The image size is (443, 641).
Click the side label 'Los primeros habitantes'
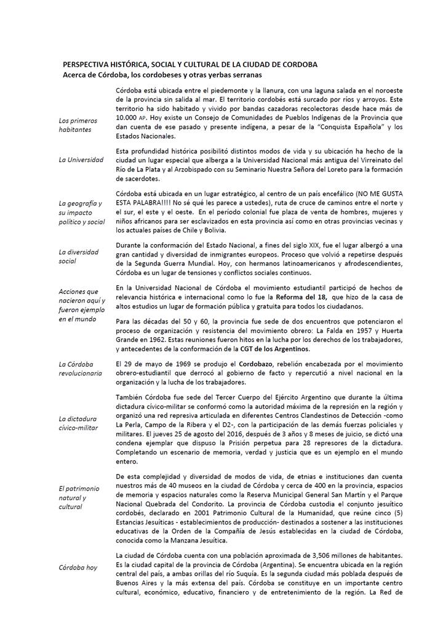[78, 125]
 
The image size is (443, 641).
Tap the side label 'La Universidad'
[81, 160]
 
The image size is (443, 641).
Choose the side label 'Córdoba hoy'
[78, 567]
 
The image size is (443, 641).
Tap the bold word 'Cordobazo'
[229, 364]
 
